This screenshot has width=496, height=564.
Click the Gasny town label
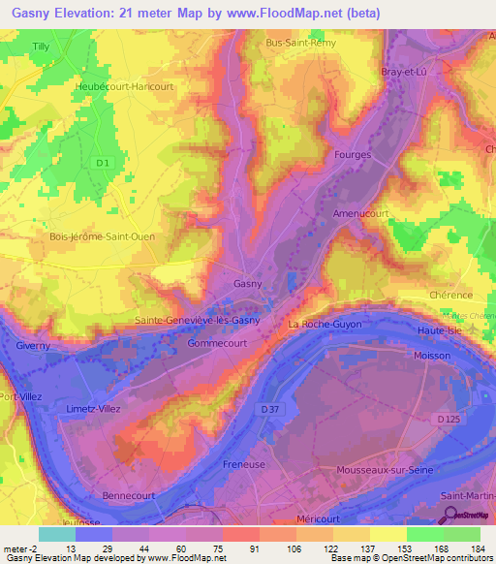pos(248,283)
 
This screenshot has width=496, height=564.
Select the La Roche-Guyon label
pos(323,324)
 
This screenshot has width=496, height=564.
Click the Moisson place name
pos(432,356)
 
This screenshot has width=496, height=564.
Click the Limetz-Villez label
pos(92,409)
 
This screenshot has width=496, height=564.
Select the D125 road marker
pos(448,419)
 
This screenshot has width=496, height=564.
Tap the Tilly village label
pos(40,46)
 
